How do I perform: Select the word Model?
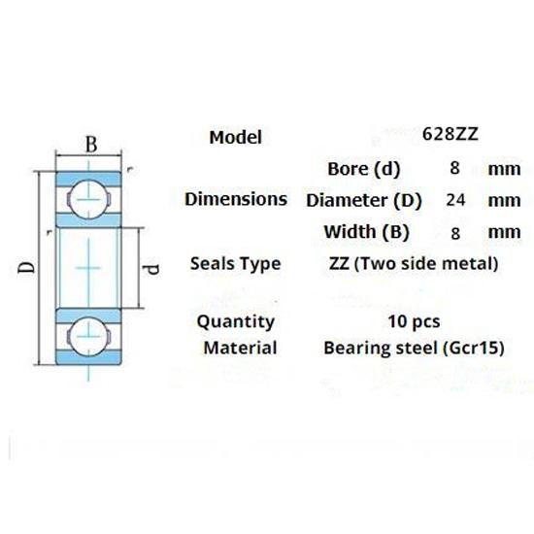[236, 138]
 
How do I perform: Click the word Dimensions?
[236, 200]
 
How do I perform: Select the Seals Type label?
[236, 263]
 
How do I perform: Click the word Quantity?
[235, 321]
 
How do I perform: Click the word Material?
[240, 348]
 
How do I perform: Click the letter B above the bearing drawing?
[91, 146]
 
